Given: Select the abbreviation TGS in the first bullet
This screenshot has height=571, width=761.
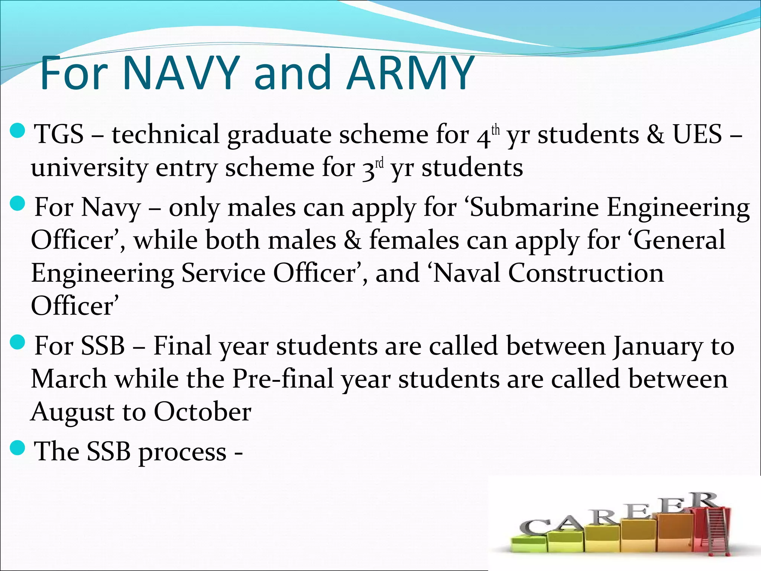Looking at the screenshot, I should [x=59, y=134].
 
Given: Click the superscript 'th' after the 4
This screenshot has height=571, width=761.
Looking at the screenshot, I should [x=496, y=130].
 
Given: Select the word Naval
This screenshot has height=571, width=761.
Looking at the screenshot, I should [x=466, y=273].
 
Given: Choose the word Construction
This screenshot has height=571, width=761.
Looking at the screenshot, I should [x=586, y=273].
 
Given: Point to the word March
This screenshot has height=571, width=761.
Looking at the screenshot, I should [x=69, y=379].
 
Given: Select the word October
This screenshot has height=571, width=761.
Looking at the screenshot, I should [x=203, y=412].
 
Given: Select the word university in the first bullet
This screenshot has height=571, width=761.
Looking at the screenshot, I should [x=89, y=167].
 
